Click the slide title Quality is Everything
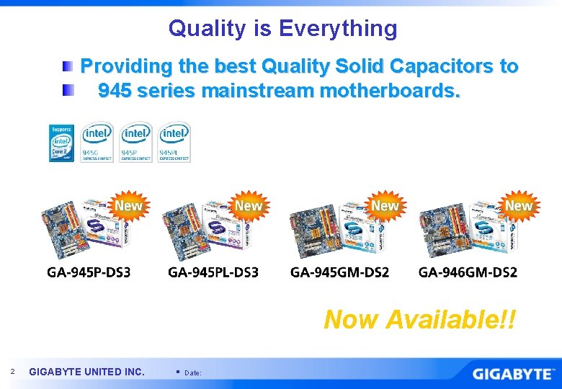pos(282,28)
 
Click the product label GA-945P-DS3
pos(89,272)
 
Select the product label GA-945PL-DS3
pos(213,272)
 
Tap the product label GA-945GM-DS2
pos(339,272)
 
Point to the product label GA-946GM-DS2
pos(468,272)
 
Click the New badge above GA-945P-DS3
pos(128,206)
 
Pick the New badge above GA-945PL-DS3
pos(249,206)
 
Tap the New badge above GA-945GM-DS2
pos(384,206)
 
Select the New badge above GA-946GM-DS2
pos(518,206)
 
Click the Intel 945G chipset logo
pos(97,143)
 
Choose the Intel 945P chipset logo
pos(136,143)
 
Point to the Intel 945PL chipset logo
pos(174,143)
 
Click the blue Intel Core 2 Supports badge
pos(61,143)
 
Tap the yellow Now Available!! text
pos(419,318)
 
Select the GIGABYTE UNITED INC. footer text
pos(86,372)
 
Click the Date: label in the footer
pos(193,373)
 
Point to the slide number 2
pos(12,371)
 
